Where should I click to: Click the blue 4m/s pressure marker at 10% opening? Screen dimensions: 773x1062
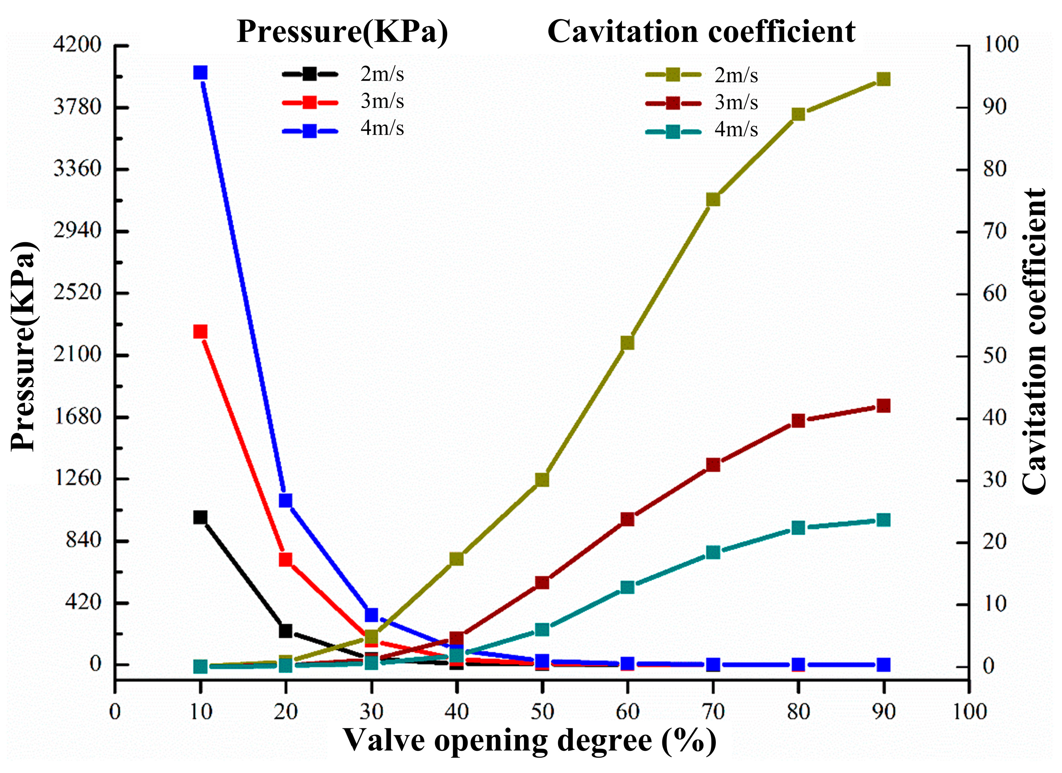pos(201,72)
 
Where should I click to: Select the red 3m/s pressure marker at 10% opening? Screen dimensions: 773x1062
pos(201,332)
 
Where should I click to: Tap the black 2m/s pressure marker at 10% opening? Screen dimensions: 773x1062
pos(201,517)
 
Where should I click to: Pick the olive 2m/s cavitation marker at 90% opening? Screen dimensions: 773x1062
pos(884,79)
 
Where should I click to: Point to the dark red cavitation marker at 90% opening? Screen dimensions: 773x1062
pos(884,406)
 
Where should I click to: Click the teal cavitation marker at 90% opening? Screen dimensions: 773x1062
pos(884,520)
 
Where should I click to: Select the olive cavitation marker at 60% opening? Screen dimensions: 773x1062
pos(628,343)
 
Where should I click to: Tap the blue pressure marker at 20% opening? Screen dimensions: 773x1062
pos(286,500)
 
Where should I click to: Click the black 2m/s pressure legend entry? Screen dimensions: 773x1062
pos(343,74)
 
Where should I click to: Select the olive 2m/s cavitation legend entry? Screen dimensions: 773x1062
pos(701,75)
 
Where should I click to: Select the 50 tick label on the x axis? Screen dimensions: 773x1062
pos(542,712)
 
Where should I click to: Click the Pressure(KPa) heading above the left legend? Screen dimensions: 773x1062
pos(342,32)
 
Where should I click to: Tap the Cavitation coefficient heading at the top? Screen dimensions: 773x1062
pos(702,32)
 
